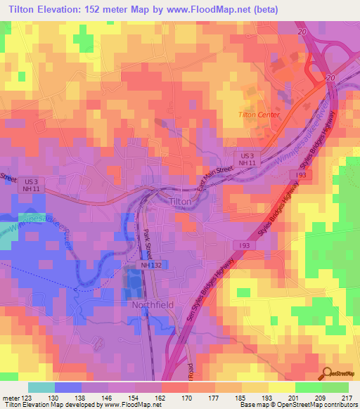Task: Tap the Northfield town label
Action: [153, 306]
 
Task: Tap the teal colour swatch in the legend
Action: [41, 387]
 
